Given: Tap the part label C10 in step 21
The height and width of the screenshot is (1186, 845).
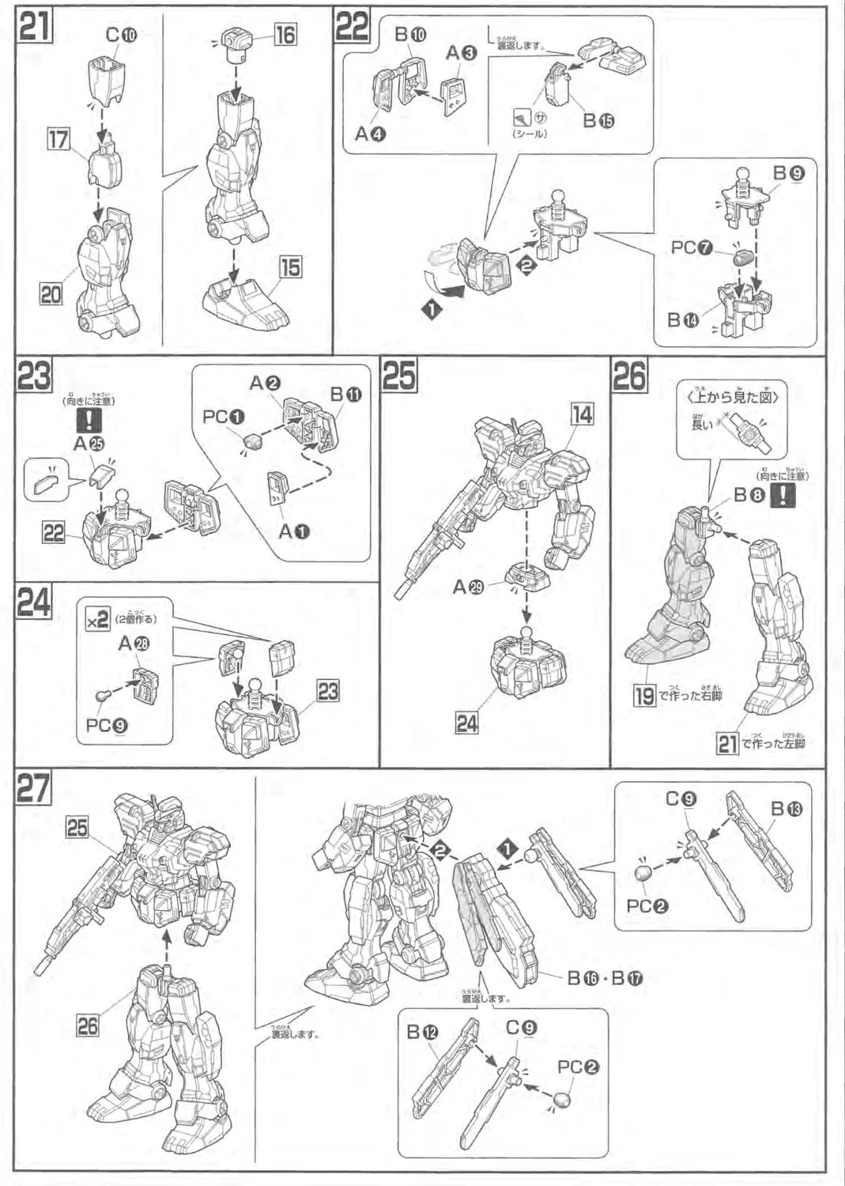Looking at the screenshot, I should [x=121, y=35].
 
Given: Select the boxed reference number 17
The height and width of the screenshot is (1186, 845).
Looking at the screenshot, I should [x=58, y=140].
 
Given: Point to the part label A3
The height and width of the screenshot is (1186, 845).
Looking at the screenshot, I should [x=461, y=53].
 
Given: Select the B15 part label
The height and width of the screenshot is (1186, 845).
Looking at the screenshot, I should [x=598, y=119].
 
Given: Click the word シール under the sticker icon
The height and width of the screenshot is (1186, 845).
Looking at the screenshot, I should [x=529, y=134].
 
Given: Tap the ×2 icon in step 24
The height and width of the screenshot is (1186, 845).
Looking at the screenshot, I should [x=97, y=621].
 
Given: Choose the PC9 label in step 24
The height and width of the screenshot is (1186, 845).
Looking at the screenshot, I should [x=106, y=723].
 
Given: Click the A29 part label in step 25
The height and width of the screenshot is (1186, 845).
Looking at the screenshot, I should [x=469, y=587].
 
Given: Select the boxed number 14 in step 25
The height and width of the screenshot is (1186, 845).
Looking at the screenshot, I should [x=582, y=414].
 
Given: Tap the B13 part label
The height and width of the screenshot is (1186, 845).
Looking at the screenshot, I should [x=786, y=808].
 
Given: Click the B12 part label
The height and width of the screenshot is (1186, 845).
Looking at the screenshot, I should [x=423, y=1032].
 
